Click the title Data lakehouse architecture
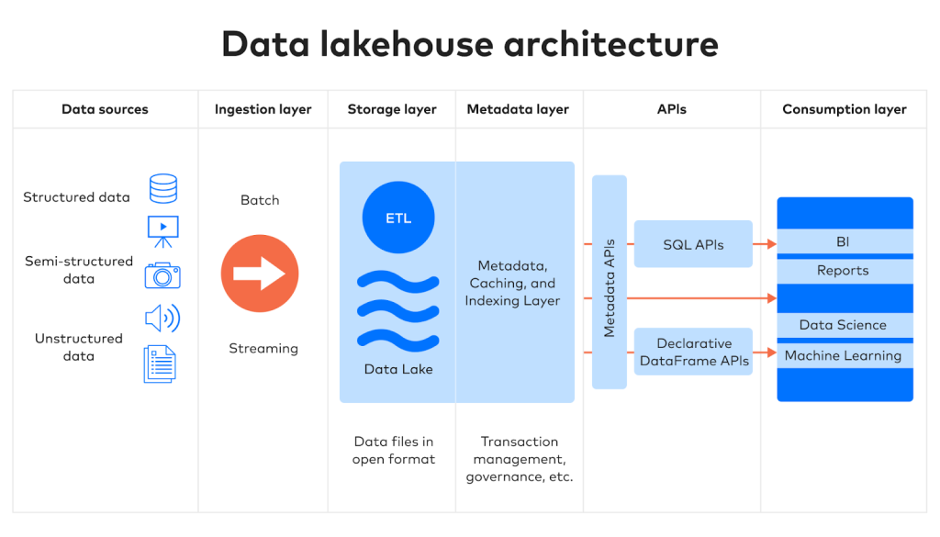pos(470,44)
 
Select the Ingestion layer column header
pos(263,109)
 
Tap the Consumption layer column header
pos(844,109)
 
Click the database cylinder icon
pos(163,188)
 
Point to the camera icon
pos(162,275)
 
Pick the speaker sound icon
pos(162,319)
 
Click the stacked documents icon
pos(160,364)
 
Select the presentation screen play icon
pos(163,230)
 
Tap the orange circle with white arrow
pos(260,274)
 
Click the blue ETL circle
pos(397,218)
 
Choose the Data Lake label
pos(397,369)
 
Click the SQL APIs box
pos(693,244)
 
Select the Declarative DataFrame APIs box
pos(694,352)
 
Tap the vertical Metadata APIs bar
pos(610,282)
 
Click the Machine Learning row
pos(845,356)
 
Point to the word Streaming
pos(263,348)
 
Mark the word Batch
pos(260,200)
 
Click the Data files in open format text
pos(394,450)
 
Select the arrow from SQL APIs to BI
pos(765,244)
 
